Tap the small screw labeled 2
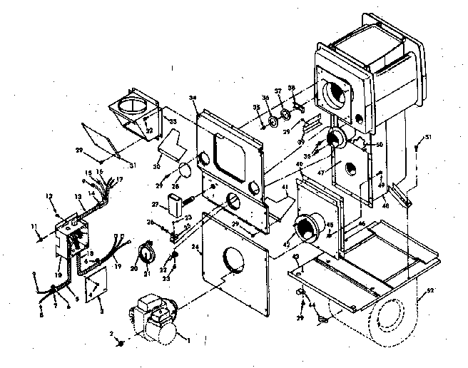click(x=122, y=344)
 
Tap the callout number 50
click(x=379, y=145)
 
